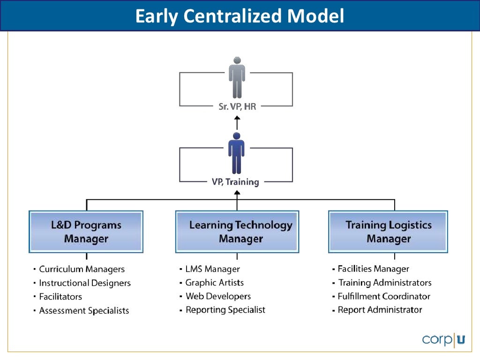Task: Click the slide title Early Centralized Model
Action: [x=240, y=16]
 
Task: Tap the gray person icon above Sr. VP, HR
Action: [x=237, y=77]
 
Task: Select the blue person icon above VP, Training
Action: [x=236, y=153]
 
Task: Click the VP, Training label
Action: [x=235, y=182]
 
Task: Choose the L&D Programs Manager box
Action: [x=86, y=232]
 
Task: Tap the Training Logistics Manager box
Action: [x=389, y=232]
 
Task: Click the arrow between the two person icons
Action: [x=237, y=123]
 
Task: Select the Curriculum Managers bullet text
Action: [x=82, y=269]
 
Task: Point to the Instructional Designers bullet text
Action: [x=85, y=283]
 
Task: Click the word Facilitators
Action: [x=60, y=297]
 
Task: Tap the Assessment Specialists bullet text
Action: [x=84, y=310]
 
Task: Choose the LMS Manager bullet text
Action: [x=212, y=269]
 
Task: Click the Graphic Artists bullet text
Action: [x=215, y=283]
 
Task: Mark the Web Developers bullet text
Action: [x=218, y=296]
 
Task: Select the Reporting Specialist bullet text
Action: [x=225, y=310]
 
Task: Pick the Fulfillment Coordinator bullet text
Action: [x=384, y=296]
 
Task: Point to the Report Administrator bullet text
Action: [x=380, y=310]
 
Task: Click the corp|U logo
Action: [x=443, y=339]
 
